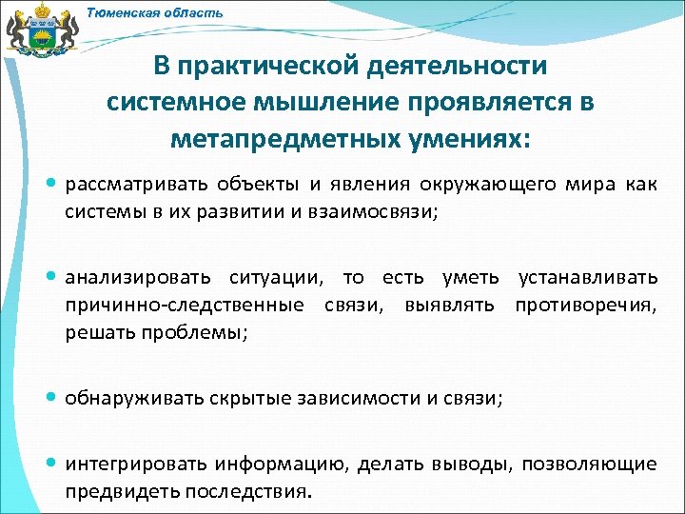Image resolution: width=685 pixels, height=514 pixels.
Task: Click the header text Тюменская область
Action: (155, 13)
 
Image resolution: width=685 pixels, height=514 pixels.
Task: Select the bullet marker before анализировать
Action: (53, 277)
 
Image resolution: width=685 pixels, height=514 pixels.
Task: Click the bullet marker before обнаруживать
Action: (53, 398)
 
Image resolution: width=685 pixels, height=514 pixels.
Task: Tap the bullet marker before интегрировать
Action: (53, 464)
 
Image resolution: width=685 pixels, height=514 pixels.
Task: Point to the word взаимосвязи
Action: (376, 211)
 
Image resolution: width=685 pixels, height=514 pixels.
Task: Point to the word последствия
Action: (250, 492)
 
